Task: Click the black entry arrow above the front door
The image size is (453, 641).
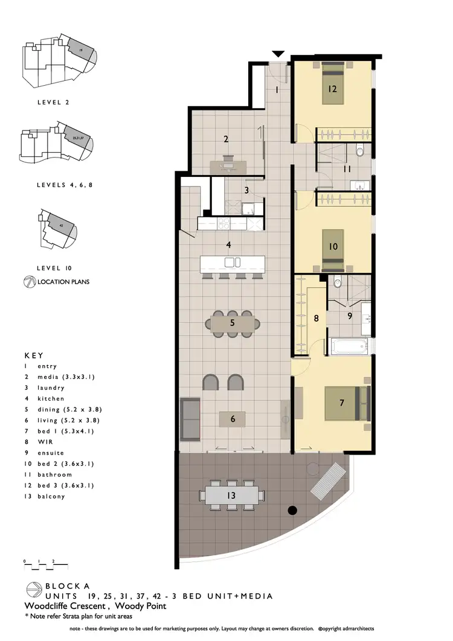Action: pos(278,54)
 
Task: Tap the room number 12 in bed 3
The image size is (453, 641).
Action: pos(332,89)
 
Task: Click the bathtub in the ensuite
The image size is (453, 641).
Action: pos(349,346)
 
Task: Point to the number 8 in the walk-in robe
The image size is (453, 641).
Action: pos(315,317)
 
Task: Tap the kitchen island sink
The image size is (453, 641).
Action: pos(233,262)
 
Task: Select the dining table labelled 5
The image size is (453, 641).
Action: pos(233,324)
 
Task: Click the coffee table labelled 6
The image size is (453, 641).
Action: pos(233,418)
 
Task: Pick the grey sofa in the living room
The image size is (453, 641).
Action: pos(190,418)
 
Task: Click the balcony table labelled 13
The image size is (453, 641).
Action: pos(233,496)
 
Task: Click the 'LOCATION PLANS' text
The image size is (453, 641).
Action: pos(63,282)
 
